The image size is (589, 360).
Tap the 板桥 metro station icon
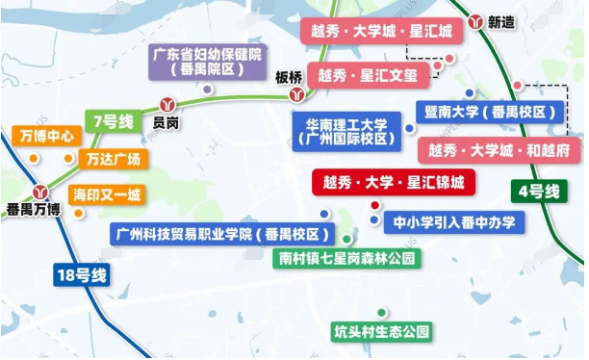pos(299,95)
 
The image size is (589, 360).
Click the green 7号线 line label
pos(113,122)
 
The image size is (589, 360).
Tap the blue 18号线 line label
pos(81,275)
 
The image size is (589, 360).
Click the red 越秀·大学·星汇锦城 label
pos(394,182)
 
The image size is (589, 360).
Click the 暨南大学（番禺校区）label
pos(487,113)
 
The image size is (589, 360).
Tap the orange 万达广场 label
pos(113,158)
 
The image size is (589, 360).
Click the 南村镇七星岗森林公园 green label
pos(346,259)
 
